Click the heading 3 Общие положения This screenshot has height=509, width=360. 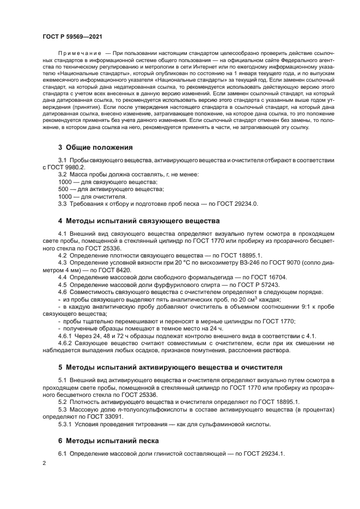(x=95, y=148)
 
